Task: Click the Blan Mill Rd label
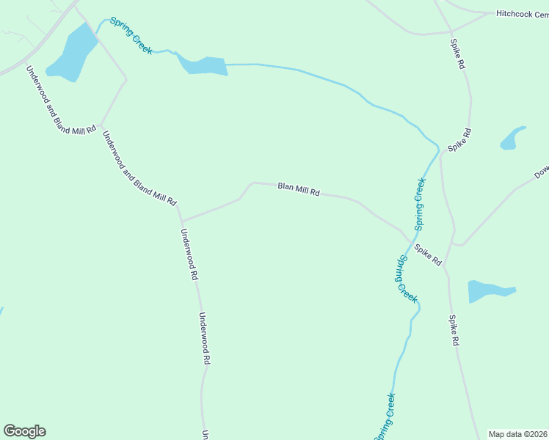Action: [x=299, y=190]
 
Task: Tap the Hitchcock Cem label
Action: [x=522, y=13]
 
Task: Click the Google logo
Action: [x=24, y=431]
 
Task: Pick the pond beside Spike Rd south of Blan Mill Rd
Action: [x=490, y=290]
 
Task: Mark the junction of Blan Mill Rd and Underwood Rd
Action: [x=181, y=220]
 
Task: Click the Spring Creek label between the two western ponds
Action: [x=131, y=35]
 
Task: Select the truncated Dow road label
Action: [x=541, y=173]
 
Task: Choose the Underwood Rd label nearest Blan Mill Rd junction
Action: [x=189, y=255]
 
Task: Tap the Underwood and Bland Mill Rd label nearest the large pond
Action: [x=61, y=100]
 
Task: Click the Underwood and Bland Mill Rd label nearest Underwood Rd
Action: [x=139, y=167]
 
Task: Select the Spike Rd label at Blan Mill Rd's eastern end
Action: [x=428, y=255]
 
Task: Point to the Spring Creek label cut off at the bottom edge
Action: [x=386, y=417]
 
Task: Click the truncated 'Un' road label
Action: [x=206, y=434]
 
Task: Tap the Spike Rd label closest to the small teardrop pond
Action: [x=460, y=140]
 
